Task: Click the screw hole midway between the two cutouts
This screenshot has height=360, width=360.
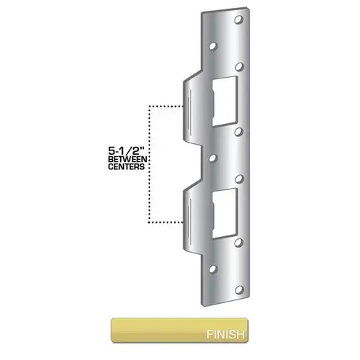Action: [x=214, y=156]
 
